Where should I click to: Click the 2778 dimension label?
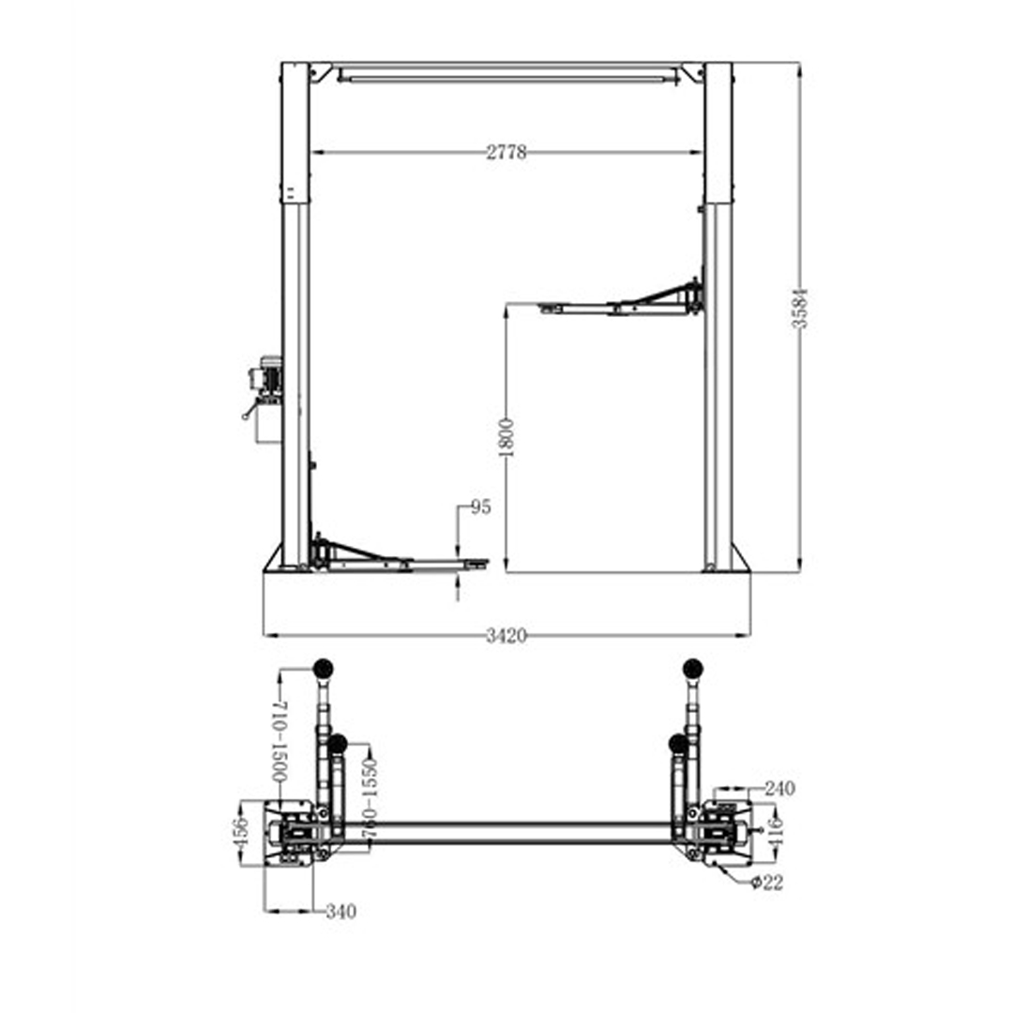pos(506,153)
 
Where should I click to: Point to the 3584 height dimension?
pos(799,306)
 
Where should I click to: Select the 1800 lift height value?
pos(506,437)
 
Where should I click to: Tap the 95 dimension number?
pos(480,507)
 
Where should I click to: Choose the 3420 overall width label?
pos(506,636)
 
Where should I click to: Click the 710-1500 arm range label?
pos(279,741)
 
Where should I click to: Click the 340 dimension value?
pos(340,912)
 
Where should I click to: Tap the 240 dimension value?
pos(779,789)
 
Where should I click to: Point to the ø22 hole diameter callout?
pos(765,883)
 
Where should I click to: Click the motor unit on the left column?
pos(265,385)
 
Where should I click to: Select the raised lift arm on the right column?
pos(624,302)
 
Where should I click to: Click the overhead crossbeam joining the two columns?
pos(506,72)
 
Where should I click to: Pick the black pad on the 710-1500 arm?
pos(324,668)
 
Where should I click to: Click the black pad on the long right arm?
pos(693,668)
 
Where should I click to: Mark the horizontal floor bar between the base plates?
pos(506,832)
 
